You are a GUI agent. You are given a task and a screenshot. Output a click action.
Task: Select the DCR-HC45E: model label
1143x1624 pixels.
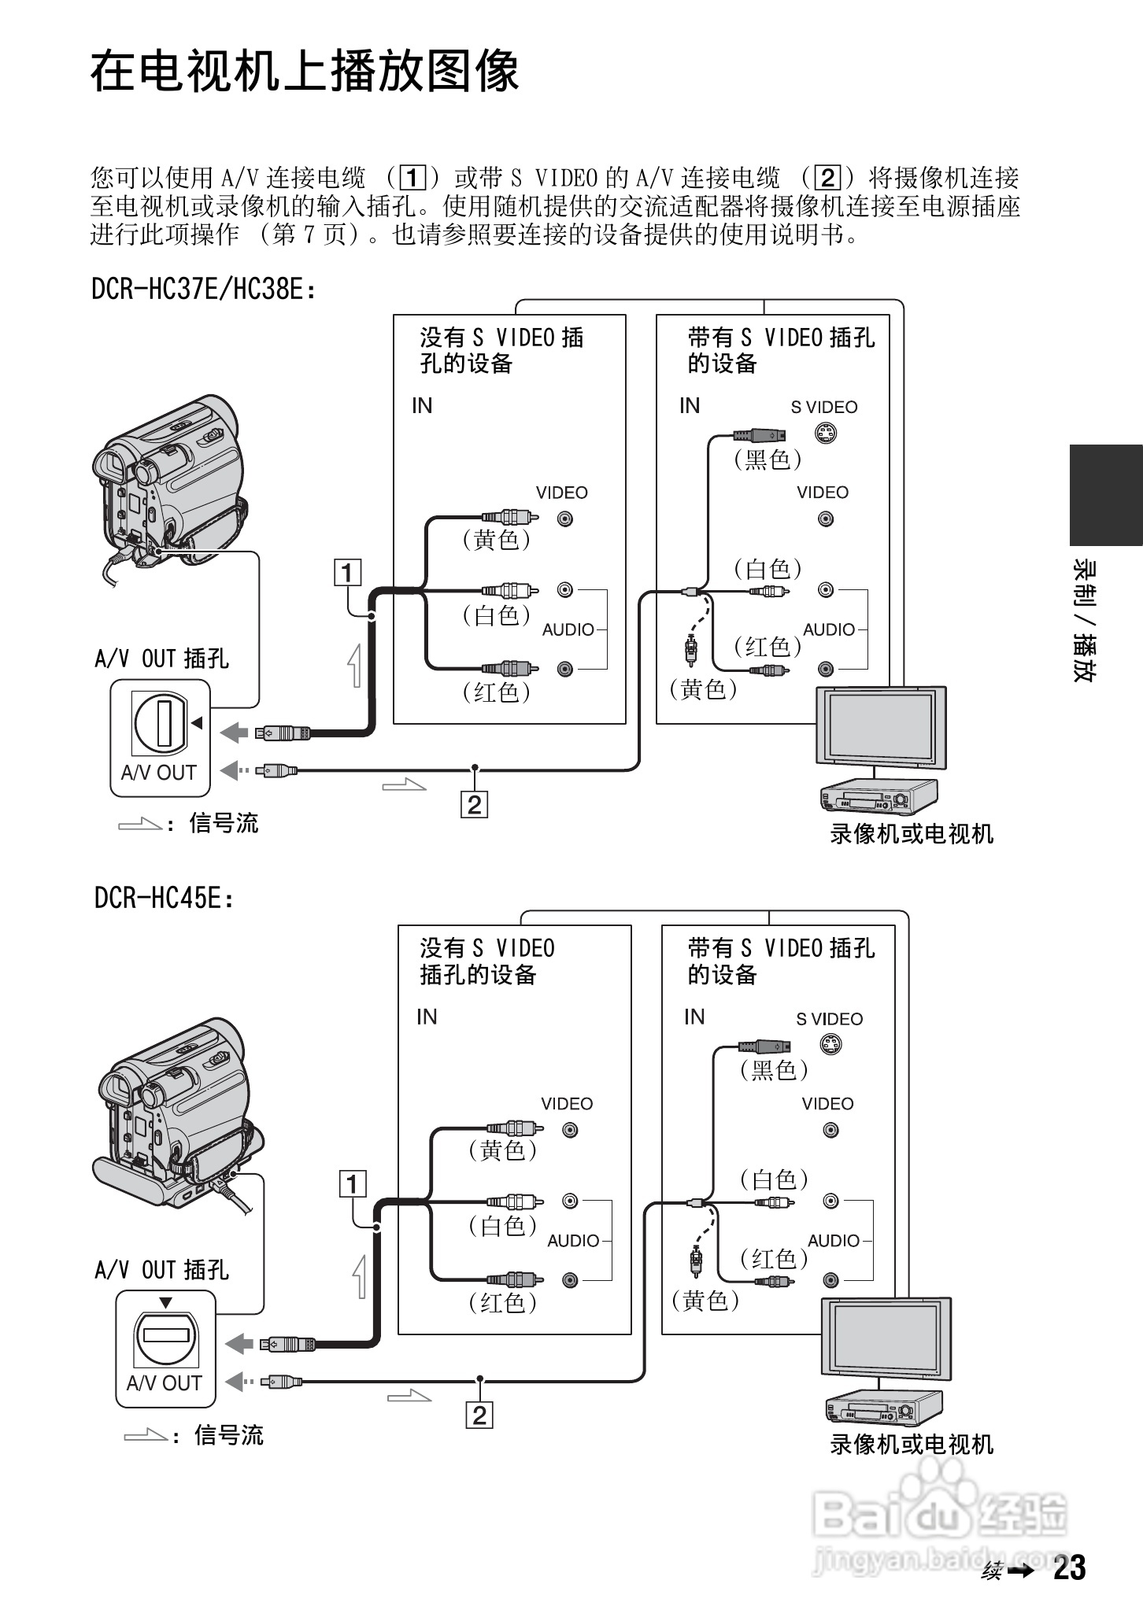[165, 898]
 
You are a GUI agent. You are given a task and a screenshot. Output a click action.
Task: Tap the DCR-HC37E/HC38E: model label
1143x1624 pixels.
[204, 290]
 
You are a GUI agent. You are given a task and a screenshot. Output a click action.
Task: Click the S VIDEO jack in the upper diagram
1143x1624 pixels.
[825, 434]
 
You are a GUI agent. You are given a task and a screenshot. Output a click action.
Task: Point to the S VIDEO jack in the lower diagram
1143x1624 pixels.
[830, 1045]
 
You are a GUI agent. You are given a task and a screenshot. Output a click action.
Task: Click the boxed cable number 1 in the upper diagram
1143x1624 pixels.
[347, 572]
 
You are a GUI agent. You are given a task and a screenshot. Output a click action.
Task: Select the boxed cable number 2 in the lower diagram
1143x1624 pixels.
[479, 1415]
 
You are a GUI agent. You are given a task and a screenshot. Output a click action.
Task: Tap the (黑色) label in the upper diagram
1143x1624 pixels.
[768, 459]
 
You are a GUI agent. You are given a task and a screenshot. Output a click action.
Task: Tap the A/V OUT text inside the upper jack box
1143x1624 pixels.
[158, 773]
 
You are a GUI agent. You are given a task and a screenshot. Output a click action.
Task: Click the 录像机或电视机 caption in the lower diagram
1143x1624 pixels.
[912, 1445]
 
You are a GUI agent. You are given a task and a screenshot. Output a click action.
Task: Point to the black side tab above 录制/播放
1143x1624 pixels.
[1105, 494]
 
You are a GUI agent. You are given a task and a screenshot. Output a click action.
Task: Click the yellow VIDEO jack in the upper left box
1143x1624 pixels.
[565, 519]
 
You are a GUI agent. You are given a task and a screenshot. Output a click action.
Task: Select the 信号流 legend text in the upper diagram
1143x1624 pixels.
[224, 824]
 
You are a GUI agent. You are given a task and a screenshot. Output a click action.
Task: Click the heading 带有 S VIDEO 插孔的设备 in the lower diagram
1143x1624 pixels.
[780, 961]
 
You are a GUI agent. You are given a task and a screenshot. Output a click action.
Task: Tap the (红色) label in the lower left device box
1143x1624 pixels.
[502, 1303]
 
